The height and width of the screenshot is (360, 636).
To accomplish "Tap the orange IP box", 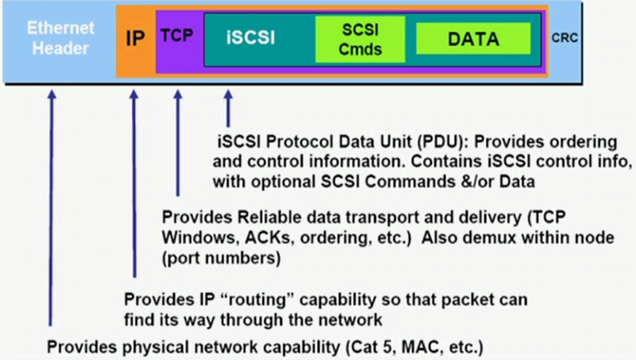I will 136,38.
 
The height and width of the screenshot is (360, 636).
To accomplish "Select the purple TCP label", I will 177,35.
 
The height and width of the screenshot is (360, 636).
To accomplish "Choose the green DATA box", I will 473,38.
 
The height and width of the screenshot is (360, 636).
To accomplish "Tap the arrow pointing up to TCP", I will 178,142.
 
